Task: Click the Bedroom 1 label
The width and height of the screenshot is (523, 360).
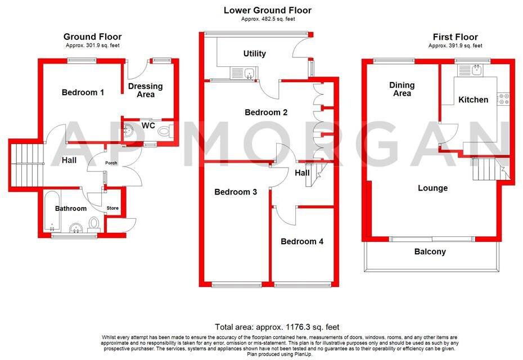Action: (83, 92)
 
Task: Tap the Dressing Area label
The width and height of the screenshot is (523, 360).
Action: (145, 90)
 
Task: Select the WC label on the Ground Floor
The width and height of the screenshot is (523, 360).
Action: (148, 125)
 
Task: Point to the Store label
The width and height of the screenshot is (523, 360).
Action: (113, 208)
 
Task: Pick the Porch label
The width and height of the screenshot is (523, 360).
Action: (111, 164)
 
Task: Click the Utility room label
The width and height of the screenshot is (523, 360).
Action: (254, 54)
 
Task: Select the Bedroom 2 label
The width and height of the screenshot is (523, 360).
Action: (266, 112)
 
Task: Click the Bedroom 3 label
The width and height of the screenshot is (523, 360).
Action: (236, 192)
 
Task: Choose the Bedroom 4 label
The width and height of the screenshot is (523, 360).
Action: (302, 241)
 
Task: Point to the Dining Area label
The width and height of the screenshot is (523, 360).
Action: (402, 89)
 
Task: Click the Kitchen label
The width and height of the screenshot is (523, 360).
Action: (474, 100)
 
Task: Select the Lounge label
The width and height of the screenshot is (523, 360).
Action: (432, 188)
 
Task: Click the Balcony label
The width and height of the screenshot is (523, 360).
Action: (430, 251)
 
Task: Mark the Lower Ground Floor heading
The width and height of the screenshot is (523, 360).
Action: (267, 10)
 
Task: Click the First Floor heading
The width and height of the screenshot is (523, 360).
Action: (456, 37)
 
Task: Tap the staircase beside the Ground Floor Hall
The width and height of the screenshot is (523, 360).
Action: (26, 160)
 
